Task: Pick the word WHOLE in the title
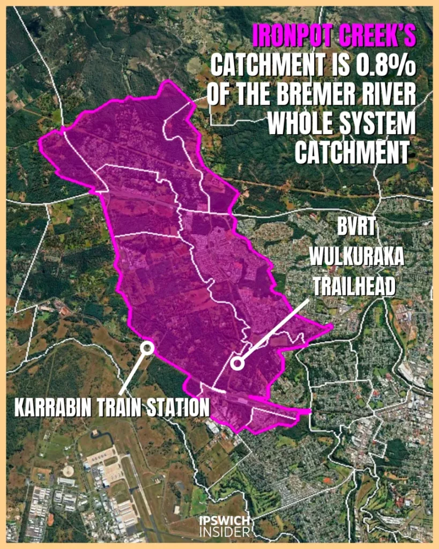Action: pyautogui.click(x=302, y=124)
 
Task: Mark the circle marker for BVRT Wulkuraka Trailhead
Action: pyautogui.click(x=237, y=363)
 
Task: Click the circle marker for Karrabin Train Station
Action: pyautogui.click(x=147, y=348)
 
